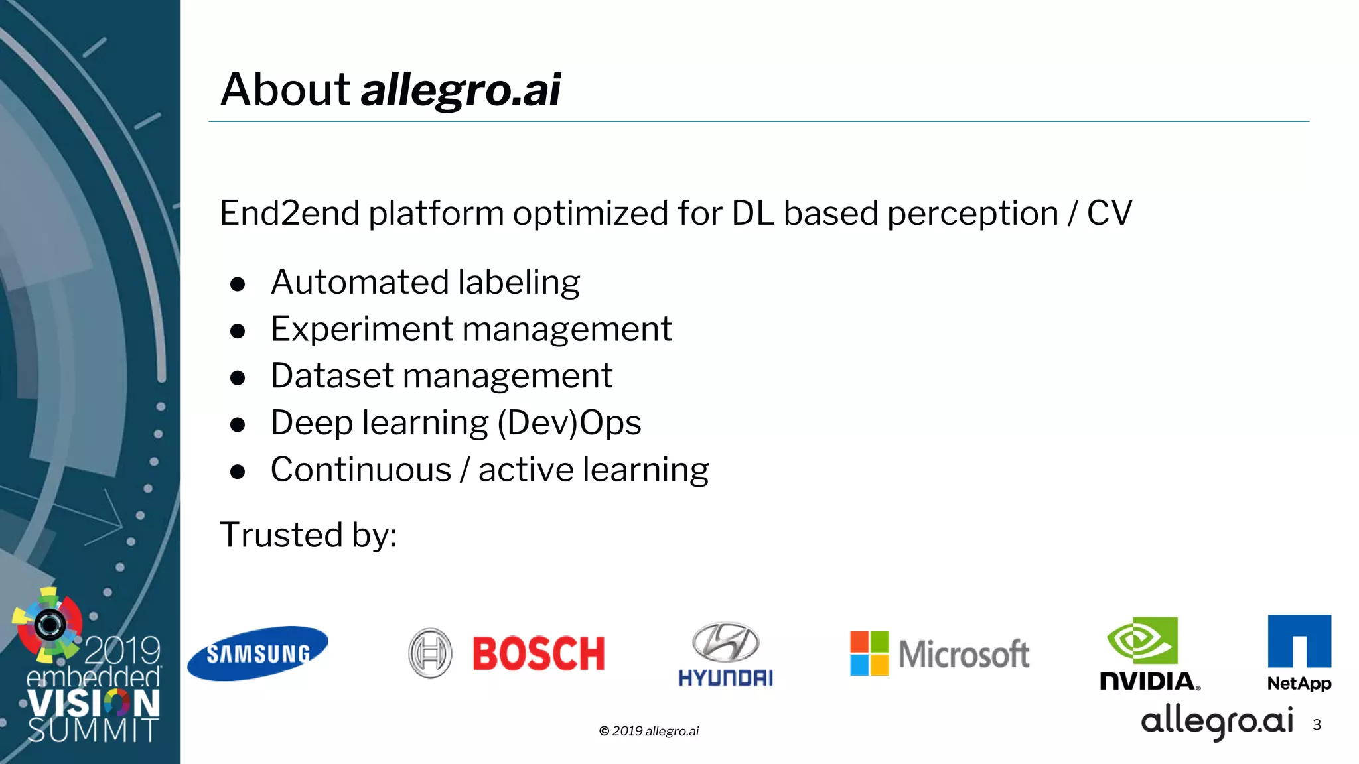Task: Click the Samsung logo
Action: [x=257, y=653]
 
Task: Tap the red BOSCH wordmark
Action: [x=538, y=654]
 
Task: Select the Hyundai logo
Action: [x=726, y=653]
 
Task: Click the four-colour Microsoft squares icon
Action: [x=869, y=653]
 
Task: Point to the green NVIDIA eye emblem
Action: [x=1142, y=641]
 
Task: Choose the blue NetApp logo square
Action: [x=1299, y=641]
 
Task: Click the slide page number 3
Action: [x=1317, y=725]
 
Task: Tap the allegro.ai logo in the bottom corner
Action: [x=1217, y=722]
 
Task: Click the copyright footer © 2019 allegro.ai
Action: [x=649, y=731]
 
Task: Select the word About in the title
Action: [x=285, y=90]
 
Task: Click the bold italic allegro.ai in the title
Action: [x=461, y=91]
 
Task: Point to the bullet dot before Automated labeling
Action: [x=238, y=285]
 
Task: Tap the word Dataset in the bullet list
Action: [x=332, y=376]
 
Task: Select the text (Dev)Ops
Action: [x=569, y=423]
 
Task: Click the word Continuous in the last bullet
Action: [x=361, y=470]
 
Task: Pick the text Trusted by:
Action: [x=308, y=535]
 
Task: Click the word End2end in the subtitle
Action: [x=289, y=214]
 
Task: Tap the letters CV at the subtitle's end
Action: [x=1109, y=214]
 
